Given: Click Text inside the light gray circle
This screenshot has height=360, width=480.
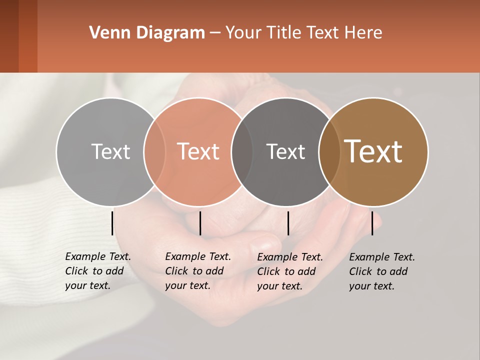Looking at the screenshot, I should [x=110, y=151].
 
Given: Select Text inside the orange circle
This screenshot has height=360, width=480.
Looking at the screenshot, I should [x=198, y=151].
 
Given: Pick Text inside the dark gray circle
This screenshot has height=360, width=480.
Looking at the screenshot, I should [x=285, y=151].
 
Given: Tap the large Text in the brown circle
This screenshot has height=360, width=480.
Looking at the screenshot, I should [x=373, y=151].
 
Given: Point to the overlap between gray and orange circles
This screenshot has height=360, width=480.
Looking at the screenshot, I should [x=154, y=151].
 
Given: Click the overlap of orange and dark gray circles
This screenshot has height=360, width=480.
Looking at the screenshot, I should [x=242, y=151].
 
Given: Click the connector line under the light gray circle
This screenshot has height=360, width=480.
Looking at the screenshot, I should [x=112, y=223].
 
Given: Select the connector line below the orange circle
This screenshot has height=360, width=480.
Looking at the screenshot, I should [x=200, y=223].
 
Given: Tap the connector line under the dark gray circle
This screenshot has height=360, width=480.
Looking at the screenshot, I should [x=288, y=223].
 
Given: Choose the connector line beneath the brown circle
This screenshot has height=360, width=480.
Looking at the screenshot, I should [x=372, y=223].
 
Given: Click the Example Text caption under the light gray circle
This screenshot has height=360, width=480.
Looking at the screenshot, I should [x=97, y=271].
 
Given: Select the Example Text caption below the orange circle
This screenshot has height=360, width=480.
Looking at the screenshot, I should [x=197, y=271].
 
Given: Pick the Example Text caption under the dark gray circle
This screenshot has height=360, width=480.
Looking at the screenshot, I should [x=289, y=271].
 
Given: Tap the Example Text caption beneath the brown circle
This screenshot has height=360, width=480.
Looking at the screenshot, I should [x=381, y=271].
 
